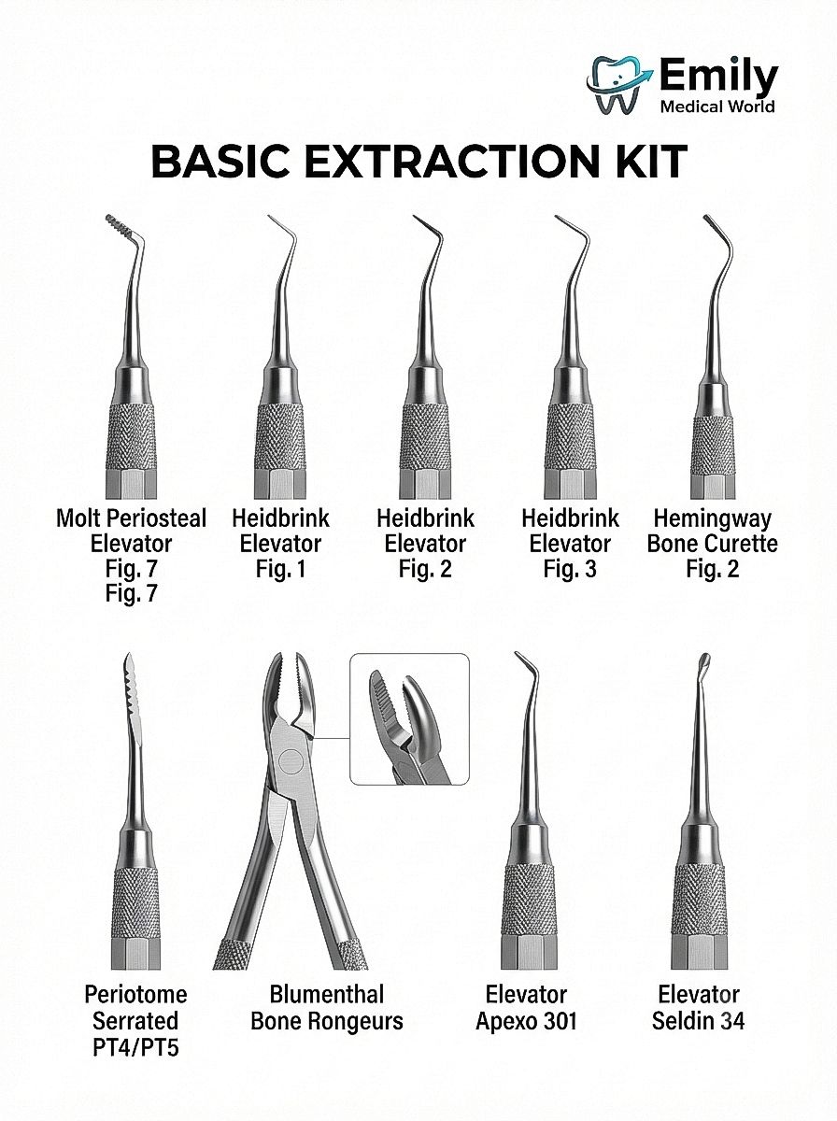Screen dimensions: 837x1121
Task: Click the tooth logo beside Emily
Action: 619,85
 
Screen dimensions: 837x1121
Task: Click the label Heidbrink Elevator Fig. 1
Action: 280,544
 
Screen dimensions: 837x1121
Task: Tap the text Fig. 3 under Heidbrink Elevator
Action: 570,568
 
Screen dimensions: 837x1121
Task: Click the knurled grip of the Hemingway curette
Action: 714,444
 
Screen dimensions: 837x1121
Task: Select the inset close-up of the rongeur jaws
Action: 409,719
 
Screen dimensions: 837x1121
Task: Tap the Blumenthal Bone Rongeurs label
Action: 327,1008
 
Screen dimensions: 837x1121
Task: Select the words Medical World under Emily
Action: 717,106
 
